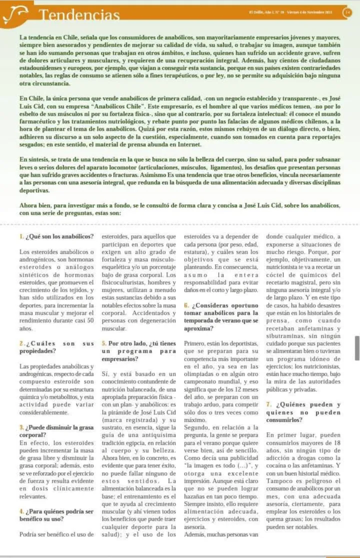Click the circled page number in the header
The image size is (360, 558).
(x=347, y=12)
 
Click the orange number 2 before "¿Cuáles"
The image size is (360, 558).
(x=21, y=343)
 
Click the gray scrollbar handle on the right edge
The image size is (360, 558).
(x=356, y=348)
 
